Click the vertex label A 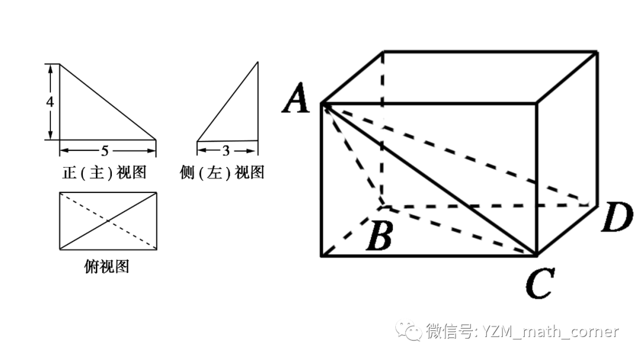tap(298, 98)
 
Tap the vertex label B tap(379, 236)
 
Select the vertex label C tap(539, 283)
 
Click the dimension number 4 tap(50, 102)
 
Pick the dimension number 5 tap(105, 150)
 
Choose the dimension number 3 tap(226, 150)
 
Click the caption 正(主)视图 tap(104, 173)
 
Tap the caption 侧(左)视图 tap(222, 173)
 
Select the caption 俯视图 tap(106, 267)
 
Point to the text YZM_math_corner tap(550, 332)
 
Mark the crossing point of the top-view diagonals tap(108, 221)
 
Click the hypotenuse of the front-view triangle tap(108, 102)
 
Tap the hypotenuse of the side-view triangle tap(228, 101)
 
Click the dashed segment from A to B tap(352, 155)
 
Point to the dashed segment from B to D tap(485, 206)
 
